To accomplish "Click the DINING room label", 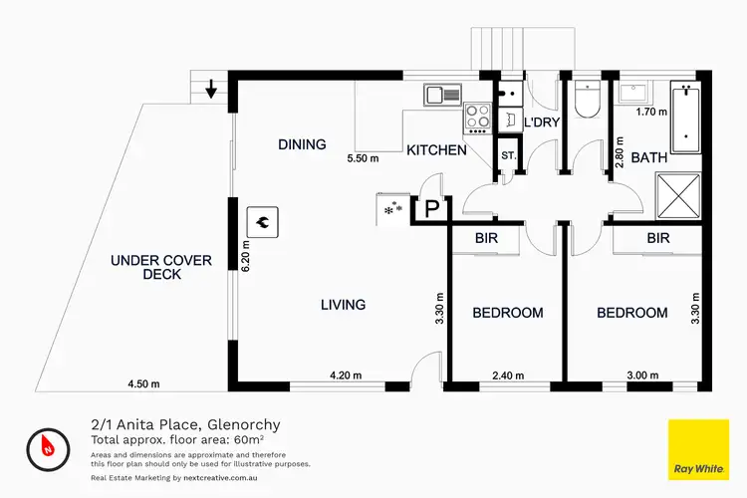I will tap(302, 144).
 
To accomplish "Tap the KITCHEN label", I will tap(436, 150).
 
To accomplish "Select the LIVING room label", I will tap(343, 305).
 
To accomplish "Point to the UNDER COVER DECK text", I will tap(160, 267).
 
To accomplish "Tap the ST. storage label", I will tap(508, 156).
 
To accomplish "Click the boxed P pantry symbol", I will tap(432, 208).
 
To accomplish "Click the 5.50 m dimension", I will tap(363, 158).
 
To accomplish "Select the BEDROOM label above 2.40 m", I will tap(507, 313).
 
